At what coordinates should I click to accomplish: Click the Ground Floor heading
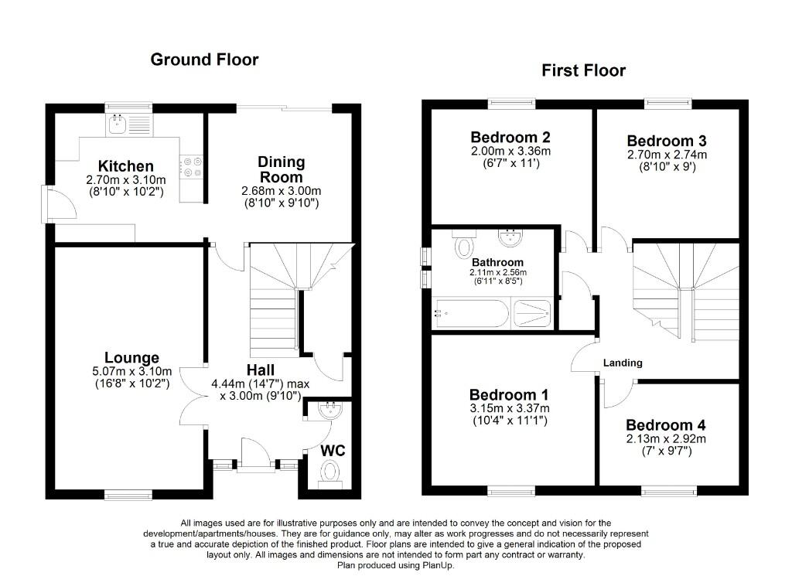204,60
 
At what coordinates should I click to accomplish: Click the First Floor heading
583,71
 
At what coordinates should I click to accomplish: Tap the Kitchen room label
125,166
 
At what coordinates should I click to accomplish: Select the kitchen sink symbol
119,123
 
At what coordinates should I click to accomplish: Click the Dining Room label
281,169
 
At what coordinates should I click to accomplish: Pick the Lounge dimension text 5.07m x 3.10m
131,371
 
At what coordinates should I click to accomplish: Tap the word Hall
261,369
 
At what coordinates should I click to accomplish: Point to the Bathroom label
497,263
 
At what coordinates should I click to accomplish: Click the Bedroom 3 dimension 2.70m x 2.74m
666,155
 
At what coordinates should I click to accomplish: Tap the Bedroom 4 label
665,425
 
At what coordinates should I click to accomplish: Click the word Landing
623,363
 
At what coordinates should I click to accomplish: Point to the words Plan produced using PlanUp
395,565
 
